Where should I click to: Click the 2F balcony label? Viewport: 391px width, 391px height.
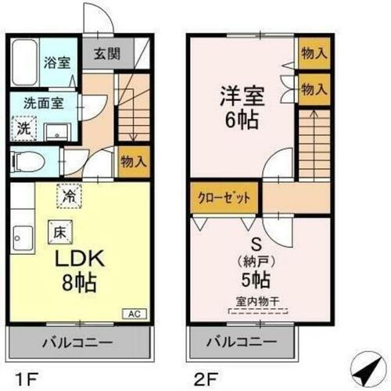242,343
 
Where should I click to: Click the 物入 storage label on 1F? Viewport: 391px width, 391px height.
132,161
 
